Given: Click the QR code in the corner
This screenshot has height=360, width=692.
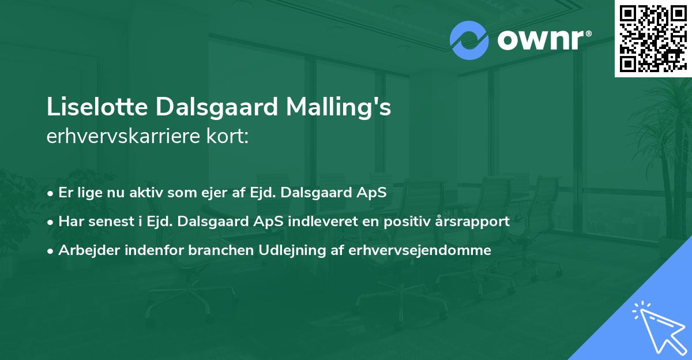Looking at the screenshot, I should coord(653,39).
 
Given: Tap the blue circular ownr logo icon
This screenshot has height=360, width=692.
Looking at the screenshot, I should coord(469,40).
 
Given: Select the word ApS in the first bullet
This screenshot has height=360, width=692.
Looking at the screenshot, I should coord(372,193).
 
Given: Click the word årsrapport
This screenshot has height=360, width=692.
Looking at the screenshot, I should coord(476,222).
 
